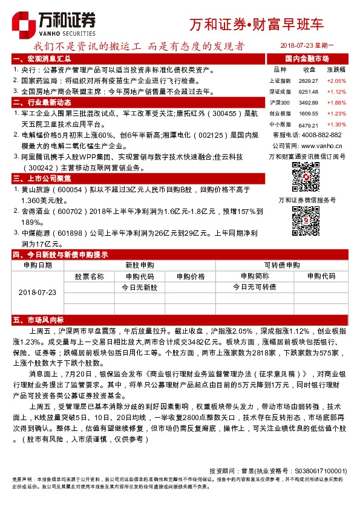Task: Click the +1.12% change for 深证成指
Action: [336, 91]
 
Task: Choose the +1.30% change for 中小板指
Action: [336, 124]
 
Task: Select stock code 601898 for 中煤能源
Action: [71, 232]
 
